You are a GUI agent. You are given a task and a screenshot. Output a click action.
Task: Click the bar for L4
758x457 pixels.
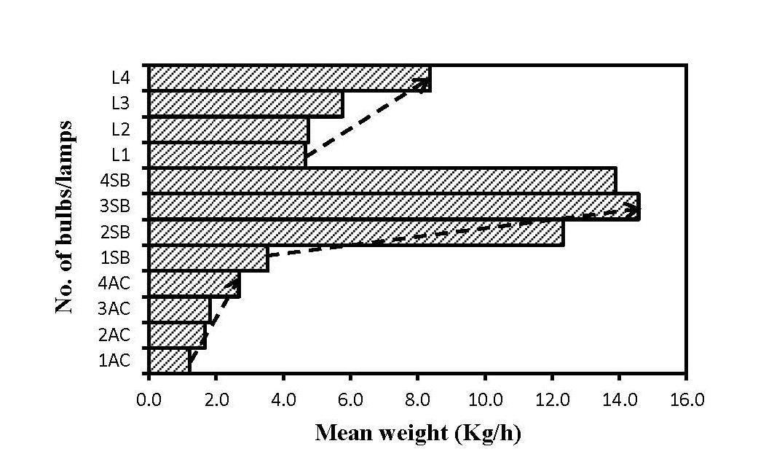tap(289, 79)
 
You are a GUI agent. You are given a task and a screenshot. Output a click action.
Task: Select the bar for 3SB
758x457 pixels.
tap(393, 206)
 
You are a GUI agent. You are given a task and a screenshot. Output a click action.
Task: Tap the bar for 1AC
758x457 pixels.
tap(169, 361)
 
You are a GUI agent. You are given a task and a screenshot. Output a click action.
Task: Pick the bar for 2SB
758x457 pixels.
tap(355, 233)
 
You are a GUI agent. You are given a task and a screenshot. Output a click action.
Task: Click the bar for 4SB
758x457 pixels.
tap(382, 181)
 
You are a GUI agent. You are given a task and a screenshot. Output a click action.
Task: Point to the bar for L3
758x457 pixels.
tap(245, 104)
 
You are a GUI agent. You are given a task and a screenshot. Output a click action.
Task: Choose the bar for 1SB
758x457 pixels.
tap(208, 259)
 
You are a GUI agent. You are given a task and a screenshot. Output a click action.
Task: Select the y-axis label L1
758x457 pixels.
tap(121, 155)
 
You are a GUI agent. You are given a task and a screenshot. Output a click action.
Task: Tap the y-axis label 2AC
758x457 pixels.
tap(114, 335)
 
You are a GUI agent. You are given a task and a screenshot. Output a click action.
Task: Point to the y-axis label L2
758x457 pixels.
tap(121, 129)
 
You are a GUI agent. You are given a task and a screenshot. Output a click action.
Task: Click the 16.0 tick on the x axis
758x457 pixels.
tap(686, 399)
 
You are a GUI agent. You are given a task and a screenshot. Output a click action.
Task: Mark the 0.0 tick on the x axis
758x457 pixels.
tap(149, 399)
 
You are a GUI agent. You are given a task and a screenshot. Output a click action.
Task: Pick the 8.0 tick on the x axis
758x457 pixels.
tap(417, 399)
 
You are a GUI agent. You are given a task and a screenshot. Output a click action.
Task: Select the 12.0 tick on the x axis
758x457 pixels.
tap(551, 399)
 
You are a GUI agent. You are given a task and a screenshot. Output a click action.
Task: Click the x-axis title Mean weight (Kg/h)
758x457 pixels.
tap(418, 433)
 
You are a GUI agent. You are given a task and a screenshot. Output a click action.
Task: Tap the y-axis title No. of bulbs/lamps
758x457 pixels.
tap(66, 219)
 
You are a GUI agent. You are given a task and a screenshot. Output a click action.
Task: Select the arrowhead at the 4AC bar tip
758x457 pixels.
tap(235, 281)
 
